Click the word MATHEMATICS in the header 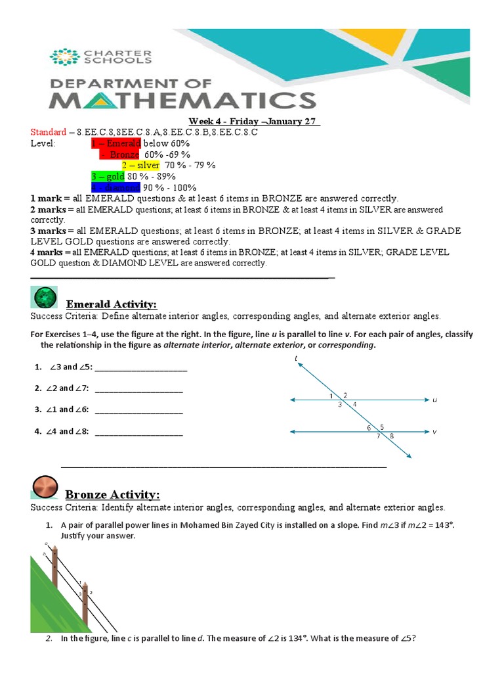pos(183,101)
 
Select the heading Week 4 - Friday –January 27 pos(254,122)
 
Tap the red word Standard pos(48,132)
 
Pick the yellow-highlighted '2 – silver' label pos(140,165)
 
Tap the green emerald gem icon pos(45,298)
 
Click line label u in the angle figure pos(434,400)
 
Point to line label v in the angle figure pos(434,432)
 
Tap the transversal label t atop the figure pos(297,358)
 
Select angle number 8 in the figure pos(392,436)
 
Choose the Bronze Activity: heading pos(112,494)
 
